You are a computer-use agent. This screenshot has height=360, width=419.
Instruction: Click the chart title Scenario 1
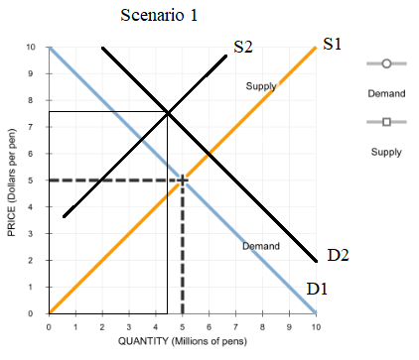point(160,17)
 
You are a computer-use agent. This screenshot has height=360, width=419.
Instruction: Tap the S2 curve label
point(243,46)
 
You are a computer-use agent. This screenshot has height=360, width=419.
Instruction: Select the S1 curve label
point(333,45)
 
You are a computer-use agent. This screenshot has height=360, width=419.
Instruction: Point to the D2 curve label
point(338,256)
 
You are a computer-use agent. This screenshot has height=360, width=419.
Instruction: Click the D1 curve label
point(317,289)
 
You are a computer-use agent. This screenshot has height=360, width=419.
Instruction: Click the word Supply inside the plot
point(260,87)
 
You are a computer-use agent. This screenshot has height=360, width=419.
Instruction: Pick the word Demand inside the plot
point(261,246)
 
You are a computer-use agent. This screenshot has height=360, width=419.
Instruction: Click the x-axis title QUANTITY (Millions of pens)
point(183,342)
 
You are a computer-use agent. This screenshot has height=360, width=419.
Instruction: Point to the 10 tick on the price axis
point(33,48)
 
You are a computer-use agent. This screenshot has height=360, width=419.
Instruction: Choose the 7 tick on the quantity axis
point(235,325)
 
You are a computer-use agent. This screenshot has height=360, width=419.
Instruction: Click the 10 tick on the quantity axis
point(316,325)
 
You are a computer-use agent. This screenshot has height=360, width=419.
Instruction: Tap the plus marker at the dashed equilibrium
point(183,180)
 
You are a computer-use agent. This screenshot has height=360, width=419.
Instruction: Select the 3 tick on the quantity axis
point(128,325)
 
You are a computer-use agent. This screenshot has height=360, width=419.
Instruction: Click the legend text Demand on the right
point(386,93)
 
